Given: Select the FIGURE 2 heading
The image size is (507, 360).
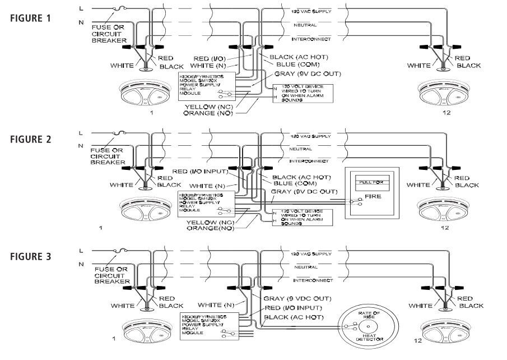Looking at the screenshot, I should click(31, 139).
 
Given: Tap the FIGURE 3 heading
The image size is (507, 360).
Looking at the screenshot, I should click(31, 256).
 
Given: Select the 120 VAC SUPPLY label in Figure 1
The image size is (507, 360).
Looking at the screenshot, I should click(311, 11).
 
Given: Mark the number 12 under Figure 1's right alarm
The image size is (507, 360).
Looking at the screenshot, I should click(445, 113).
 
